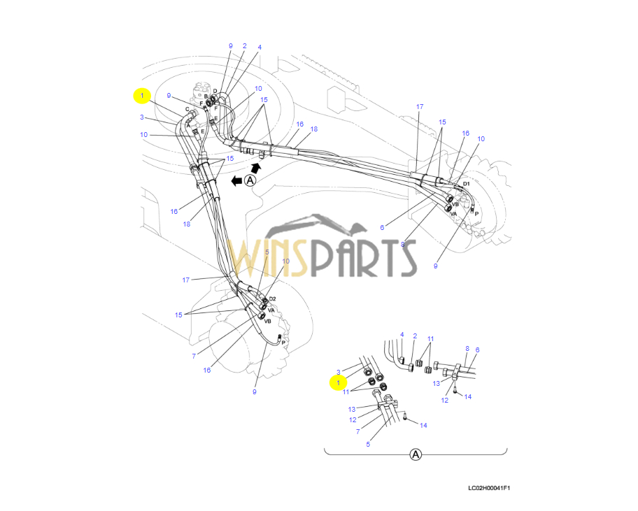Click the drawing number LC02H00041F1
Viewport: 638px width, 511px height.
489,489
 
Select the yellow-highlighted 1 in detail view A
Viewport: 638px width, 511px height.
339,383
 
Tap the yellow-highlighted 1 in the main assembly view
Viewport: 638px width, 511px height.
142,95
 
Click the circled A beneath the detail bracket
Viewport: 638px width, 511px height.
416,455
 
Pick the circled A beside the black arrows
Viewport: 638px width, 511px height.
250,180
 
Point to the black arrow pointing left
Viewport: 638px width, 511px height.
236,180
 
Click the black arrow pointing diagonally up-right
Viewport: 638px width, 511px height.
257,168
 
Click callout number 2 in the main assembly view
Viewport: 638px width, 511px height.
244,46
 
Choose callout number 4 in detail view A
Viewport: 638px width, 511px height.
402,336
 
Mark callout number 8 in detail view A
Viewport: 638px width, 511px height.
467,348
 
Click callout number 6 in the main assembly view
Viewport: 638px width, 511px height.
382,227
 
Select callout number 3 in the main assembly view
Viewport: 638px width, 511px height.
141,117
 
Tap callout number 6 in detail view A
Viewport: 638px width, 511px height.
477,350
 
